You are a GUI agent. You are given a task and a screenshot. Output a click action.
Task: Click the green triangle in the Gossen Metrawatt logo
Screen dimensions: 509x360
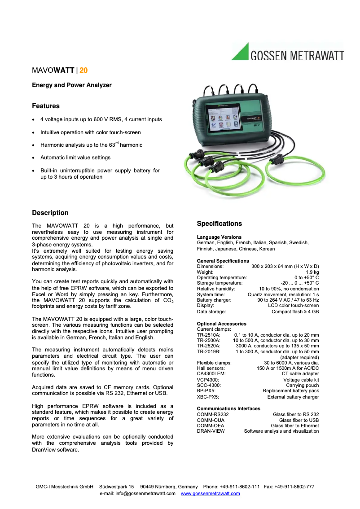tap(242, 53)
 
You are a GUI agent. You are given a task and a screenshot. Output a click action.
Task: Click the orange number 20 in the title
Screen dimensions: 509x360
tap(83, 70)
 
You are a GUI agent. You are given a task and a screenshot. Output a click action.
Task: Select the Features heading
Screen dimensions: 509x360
tap(45, 106)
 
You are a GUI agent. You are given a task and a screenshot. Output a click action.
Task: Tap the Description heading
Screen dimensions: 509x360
tap(50, 213)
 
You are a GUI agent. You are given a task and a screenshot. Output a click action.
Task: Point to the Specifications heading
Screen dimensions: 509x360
tap(219, 224)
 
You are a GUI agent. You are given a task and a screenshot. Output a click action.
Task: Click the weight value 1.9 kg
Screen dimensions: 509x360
tap(312, 272)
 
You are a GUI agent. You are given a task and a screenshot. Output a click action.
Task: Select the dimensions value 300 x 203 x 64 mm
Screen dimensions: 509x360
tap(285, 267)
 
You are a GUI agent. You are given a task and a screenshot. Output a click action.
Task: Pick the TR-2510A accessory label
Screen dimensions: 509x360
tap(208, 335)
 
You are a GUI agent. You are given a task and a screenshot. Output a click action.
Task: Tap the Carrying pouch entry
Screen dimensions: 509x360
tap(303, 385)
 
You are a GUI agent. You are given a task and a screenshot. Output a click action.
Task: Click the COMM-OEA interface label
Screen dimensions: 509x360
tap(211, 426)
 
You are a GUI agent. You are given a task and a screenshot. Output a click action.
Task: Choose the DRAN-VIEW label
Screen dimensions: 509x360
tap(211, 431)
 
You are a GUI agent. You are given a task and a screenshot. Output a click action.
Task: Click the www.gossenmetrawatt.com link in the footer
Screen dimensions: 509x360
tap(210, 493)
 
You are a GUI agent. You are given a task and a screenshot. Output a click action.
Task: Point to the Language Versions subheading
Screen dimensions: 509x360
tap(219, 237)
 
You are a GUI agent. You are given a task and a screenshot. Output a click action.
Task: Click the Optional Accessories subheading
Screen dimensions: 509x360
tap(221, 324)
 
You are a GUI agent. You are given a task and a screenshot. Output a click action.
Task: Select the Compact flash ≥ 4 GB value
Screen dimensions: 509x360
tap(295, 311)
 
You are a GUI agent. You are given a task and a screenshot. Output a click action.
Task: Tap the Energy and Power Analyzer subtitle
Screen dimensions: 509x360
tap(71, 85)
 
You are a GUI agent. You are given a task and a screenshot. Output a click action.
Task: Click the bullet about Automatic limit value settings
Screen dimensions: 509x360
tap(75, 158)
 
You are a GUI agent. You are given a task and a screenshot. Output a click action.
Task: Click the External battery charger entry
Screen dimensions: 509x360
tap(293, 397)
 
